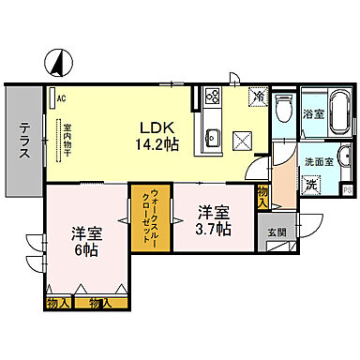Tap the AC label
60,97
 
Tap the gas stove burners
211,97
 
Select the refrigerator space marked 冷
258,97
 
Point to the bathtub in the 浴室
337,117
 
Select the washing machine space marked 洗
311,184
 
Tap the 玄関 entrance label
277,232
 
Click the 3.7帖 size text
211,229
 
